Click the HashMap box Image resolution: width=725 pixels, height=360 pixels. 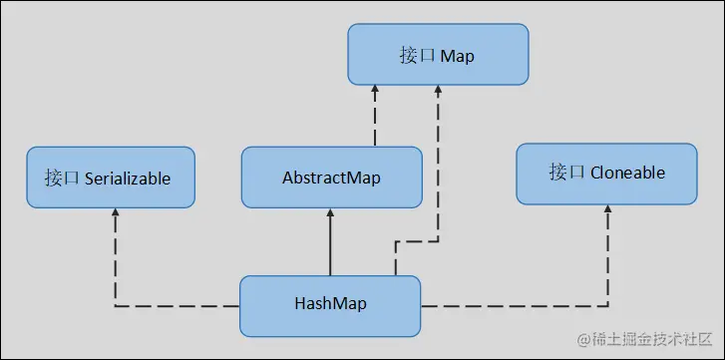330,304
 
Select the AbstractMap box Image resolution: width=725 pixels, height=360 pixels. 330,178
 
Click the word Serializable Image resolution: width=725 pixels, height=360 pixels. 128,180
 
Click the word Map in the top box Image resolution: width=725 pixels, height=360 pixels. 455,57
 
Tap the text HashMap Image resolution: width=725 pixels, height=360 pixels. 330,304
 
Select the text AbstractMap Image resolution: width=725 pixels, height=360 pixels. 330,178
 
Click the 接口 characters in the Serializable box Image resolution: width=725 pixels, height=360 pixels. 61,180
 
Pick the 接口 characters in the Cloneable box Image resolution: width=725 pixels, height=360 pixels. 565,174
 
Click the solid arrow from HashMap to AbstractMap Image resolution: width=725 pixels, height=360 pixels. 330,244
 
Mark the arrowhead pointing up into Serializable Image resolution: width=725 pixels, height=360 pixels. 116,214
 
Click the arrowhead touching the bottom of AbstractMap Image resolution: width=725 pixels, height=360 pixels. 330,214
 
